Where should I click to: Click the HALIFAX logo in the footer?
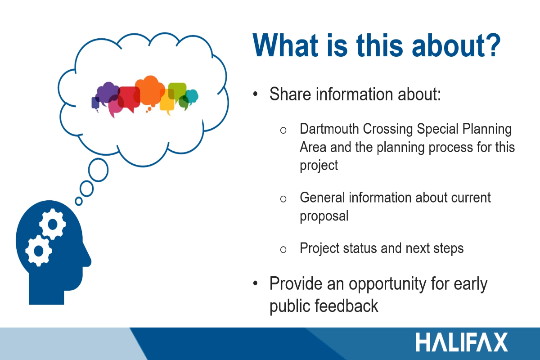click(x=462, y=342)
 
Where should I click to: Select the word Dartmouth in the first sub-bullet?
click(x=329, y=129)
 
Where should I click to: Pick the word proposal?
click(x=324, y=216)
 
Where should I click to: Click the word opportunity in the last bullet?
click(x=387, y=284)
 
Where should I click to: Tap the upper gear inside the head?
click(x=52, y=225)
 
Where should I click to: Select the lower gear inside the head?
click(x=39, y=251)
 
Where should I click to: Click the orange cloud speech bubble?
click(x=150, y=91)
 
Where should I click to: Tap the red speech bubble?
click(x=129, y=98)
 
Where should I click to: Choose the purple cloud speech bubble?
click(x=107, y=93)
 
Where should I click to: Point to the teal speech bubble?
click(x=193, y=96)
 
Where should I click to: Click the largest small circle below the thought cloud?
click(x=98, y=170)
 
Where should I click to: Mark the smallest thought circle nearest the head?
click(x=79, y=201)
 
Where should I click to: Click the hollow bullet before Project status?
click(x=283, y=250)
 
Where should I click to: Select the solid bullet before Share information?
click(x=255, y=94)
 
